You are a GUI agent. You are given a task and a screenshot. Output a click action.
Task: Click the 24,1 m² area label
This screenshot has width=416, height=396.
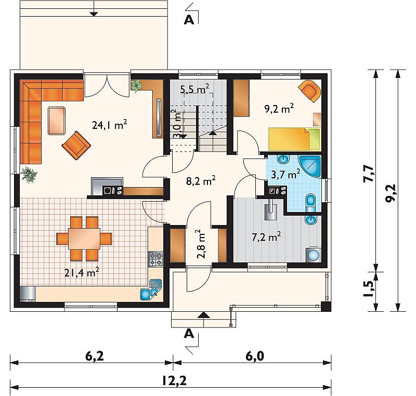[109, 125]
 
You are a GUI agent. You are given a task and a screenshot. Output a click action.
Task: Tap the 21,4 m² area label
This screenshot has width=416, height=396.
[82, 272]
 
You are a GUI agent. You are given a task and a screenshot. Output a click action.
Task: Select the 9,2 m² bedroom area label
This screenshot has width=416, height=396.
[279, 109]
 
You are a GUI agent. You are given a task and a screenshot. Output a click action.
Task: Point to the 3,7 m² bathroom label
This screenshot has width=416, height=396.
[285, 174]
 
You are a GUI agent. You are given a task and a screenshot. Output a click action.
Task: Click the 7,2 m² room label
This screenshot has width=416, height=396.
[266, 236]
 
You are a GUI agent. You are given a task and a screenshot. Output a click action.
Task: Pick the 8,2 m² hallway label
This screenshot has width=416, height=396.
[201, 181]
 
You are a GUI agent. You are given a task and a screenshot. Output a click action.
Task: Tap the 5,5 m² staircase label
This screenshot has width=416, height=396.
[194, 89]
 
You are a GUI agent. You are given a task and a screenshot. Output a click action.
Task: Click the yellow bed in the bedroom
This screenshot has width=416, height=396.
[294, 139]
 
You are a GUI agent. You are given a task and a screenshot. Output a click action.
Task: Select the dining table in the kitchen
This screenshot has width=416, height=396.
[84, 239]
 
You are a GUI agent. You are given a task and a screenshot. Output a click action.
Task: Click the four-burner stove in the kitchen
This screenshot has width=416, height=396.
[155, 259]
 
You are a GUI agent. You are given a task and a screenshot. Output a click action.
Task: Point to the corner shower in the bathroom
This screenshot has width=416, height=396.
[310, 166]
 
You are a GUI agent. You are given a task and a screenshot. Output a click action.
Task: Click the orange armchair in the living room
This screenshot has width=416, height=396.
[76, 146]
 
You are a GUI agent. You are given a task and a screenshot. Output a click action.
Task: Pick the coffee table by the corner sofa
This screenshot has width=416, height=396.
[57, 121]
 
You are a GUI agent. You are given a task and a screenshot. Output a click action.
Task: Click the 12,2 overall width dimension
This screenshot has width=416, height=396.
[174, 380]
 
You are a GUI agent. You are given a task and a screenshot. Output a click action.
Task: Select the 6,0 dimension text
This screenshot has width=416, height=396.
[255, 356]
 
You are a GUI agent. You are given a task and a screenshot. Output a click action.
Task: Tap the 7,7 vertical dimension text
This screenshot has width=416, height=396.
[368, 174]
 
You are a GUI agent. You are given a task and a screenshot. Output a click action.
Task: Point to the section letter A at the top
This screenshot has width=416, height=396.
[189, 20]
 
